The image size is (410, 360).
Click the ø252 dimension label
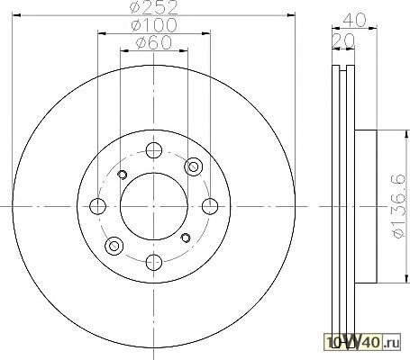[154, 8]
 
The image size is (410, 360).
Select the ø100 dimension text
[154, 25]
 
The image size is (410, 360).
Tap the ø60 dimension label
[154, 43]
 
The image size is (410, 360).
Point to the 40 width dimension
[354, 20]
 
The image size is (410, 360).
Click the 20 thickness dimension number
[343, 40]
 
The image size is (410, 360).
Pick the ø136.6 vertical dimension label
[398, 207]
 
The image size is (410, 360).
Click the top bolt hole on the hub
[154, 150]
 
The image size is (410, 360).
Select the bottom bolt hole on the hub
[154, 262]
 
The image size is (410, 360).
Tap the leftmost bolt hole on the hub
[97, 206]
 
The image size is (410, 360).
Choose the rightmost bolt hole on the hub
[210, 206]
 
